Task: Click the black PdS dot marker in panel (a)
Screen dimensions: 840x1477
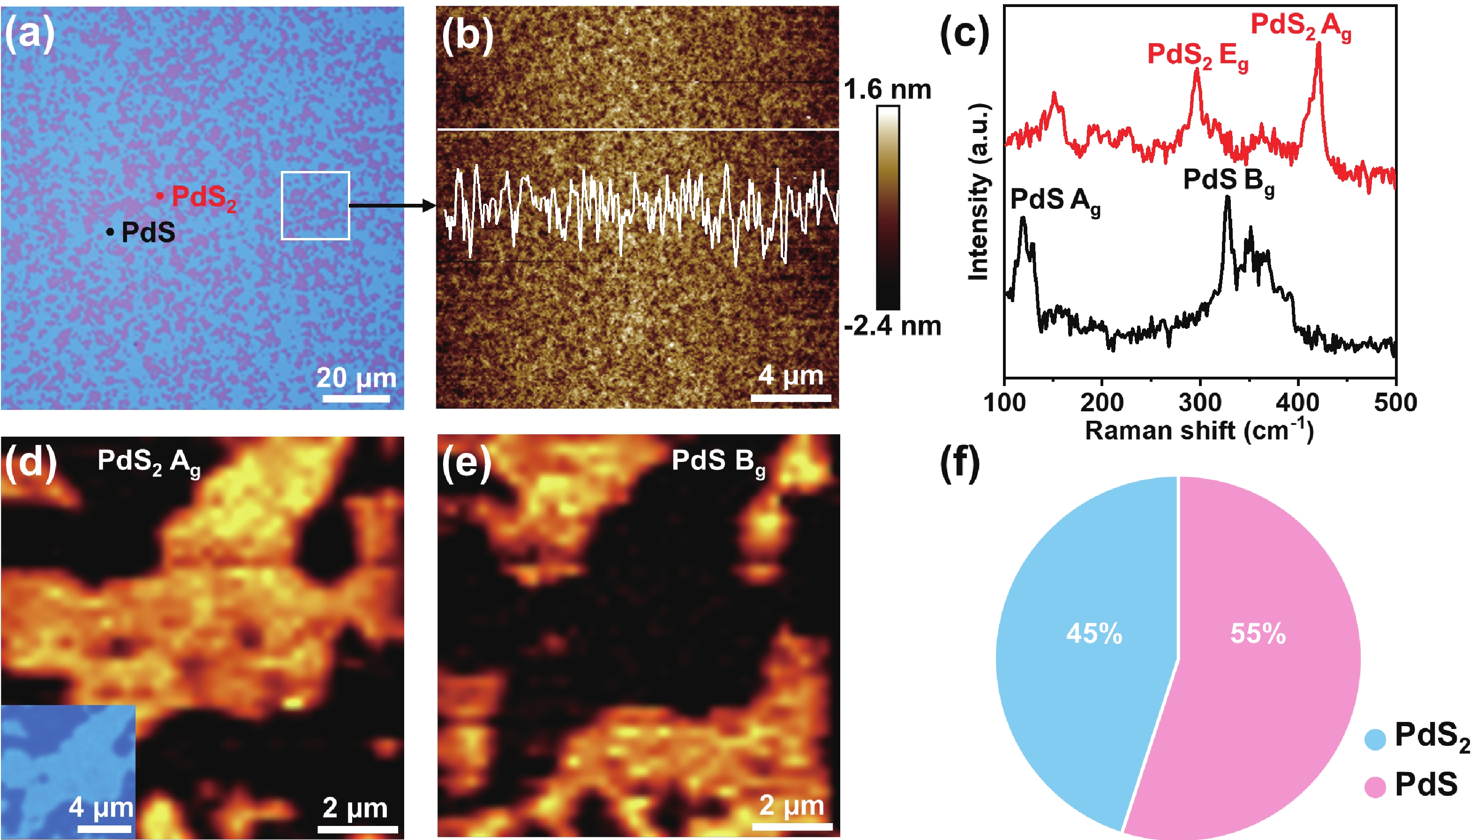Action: coord(110,232)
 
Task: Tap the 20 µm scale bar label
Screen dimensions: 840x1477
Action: coord(356,378)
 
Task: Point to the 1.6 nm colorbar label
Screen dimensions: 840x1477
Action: coord(888,90)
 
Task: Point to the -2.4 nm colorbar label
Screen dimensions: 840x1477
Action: coord(892,326)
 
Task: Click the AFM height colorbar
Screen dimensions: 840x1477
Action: coord(888,208)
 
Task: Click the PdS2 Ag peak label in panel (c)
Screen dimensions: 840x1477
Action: coord(1301,26)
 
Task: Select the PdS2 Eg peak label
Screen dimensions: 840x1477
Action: coord(1198,56)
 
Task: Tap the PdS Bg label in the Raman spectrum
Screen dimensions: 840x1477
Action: coord(1228,180)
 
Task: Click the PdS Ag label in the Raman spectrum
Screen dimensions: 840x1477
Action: coord(1055,201)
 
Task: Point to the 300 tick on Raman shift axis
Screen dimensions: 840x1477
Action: coord(1200,402)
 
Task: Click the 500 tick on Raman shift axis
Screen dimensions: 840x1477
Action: coord(1395,402)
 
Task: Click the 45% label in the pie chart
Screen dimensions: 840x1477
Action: coord(1094,633)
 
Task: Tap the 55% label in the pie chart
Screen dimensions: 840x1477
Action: coord(1258,633)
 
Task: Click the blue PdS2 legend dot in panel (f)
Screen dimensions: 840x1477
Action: coord(1375,739)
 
